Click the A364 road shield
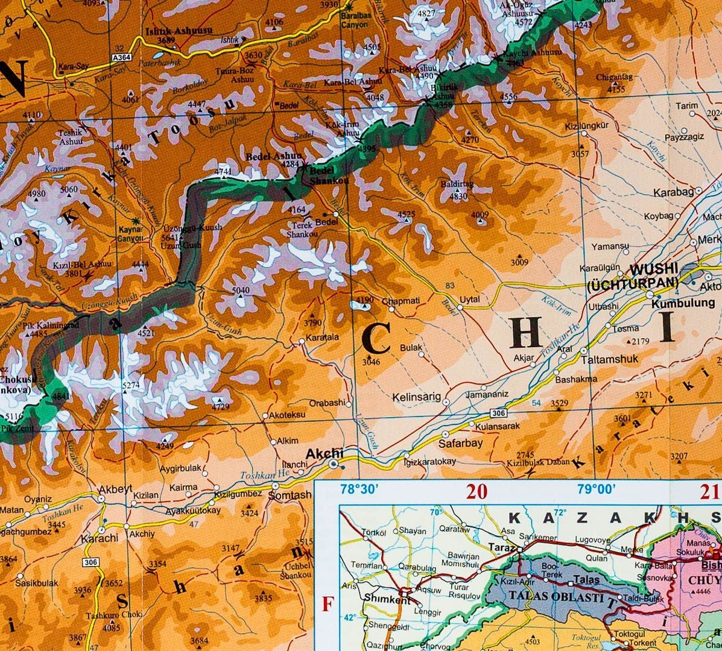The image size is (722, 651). pos(121,58)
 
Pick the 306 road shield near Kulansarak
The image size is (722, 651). pos(497,413)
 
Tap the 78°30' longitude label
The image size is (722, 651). pos(359,489)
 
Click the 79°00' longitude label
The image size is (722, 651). pos(597,489)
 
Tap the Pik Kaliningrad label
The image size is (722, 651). pos(52,324)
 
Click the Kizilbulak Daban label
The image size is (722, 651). pos(538,463)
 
